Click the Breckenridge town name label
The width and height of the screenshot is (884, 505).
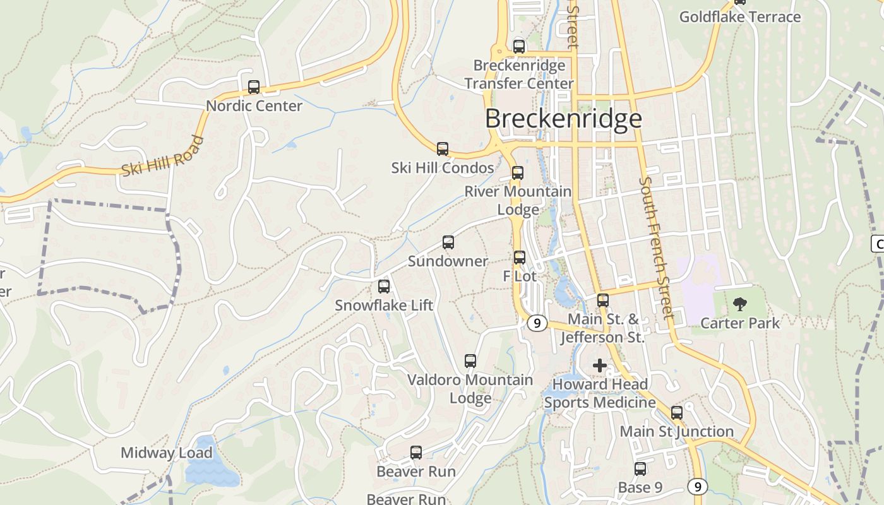563,119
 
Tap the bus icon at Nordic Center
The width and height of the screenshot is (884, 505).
254,87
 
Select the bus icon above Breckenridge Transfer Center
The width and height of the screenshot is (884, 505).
519,46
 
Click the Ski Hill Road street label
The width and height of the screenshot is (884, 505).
163,157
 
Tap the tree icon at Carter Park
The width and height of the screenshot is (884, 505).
739,305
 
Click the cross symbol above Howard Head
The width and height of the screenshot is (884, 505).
599,365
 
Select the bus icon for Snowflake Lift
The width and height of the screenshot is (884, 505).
384,287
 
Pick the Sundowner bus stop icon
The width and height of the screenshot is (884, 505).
448,242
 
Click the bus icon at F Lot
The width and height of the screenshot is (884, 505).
520,258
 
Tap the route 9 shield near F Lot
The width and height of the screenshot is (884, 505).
537,323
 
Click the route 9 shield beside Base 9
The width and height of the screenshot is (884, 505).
697,486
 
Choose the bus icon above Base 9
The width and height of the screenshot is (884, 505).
640,469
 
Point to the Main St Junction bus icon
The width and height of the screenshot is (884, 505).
677,413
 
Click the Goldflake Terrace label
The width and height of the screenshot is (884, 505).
740,17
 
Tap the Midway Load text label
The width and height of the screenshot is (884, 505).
167,453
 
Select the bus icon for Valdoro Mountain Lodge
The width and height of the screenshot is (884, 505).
470,361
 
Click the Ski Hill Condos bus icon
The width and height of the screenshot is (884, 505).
443,149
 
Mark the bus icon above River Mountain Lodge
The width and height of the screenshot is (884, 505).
518,173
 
